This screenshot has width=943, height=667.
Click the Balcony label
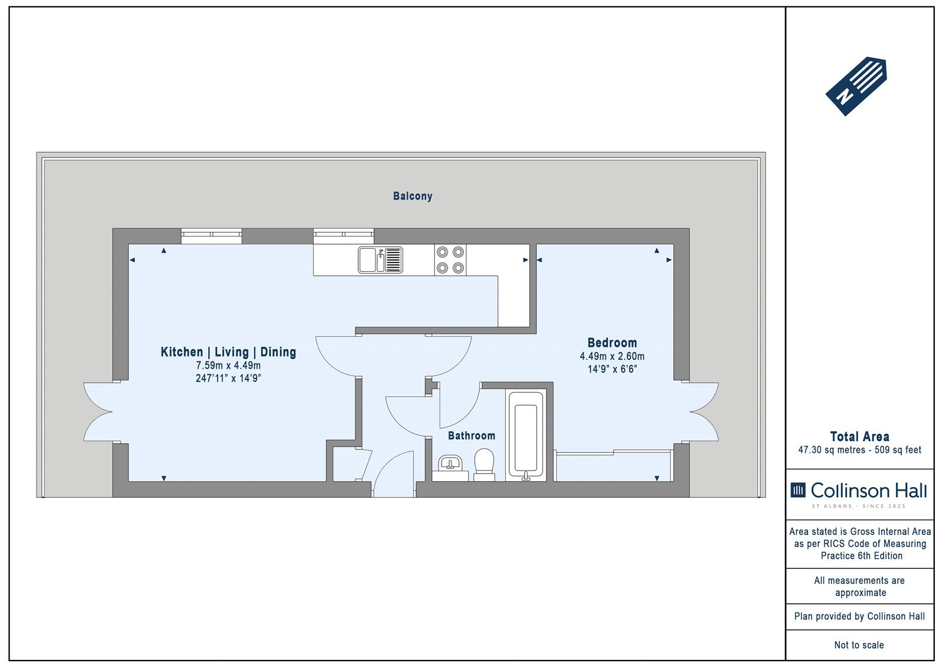coord(413,196)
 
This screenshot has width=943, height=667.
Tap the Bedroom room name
coord(612,343)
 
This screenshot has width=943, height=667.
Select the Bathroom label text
coord(471,436)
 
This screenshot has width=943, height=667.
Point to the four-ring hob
coord(450,260)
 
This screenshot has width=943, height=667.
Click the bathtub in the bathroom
coord(526,435)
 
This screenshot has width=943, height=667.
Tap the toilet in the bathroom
coord(484,464)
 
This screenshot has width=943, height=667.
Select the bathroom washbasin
coord(450,468)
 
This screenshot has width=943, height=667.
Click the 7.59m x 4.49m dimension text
coord(228,365)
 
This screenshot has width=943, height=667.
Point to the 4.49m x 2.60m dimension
coord(612,356)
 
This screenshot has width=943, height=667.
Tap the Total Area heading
coord(860,436)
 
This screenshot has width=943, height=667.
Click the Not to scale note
coord(859,645)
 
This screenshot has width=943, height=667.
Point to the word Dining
coord(278,352)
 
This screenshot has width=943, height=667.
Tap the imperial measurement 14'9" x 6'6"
coord(612,369)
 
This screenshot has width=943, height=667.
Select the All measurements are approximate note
coord(860,587)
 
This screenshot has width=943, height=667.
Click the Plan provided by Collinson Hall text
coord(860,616)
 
